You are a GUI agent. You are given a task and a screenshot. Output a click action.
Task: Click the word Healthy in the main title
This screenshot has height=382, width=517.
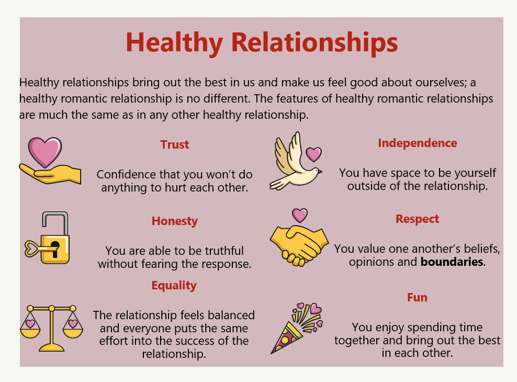(x=174, y=43)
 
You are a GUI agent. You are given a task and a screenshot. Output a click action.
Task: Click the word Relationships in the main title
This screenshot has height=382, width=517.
(x=314, y=42)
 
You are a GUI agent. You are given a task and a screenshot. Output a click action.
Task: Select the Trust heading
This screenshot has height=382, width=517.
(x=174, y=144)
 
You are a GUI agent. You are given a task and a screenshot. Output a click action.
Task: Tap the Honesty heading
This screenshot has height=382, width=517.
(x=174, y=221)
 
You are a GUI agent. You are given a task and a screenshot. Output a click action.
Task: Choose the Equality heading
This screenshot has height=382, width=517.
(x=174, y=285)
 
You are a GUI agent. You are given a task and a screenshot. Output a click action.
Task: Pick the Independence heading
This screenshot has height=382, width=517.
(x=418, y=143)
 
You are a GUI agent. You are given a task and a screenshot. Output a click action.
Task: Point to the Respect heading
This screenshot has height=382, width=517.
(x=417, y=219)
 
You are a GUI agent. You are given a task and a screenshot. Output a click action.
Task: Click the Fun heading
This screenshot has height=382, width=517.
(x=417, y=297)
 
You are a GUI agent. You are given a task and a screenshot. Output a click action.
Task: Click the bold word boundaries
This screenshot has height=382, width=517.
(x=452, y=262)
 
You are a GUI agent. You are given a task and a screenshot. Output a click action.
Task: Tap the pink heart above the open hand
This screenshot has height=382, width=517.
(x=45, y=152)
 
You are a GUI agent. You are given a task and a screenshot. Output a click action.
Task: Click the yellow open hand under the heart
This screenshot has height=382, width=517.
(x=50, y=174)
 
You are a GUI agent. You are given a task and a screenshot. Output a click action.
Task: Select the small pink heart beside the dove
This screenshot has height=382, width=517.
(x=313, y=154)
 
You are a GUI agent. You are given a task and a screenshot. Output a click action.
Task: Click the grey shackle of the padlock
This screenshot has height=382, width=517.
(x=55, y=221)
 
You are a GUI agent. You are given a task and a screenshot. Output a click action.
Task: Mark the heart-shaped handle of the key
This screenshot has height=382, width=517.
(x=31, y=249)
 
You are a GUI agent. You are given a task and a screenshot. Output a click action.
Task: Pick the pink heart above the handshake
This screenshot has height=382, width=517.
(x=300, y=216)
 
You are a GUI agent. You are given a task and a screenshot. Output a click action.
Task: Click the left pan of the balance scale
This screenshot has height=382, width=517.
(x=30, y=332)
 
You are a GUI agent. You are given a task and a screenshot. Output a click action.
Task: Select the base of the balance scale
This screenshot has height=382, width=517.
(x=52, y=347)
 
